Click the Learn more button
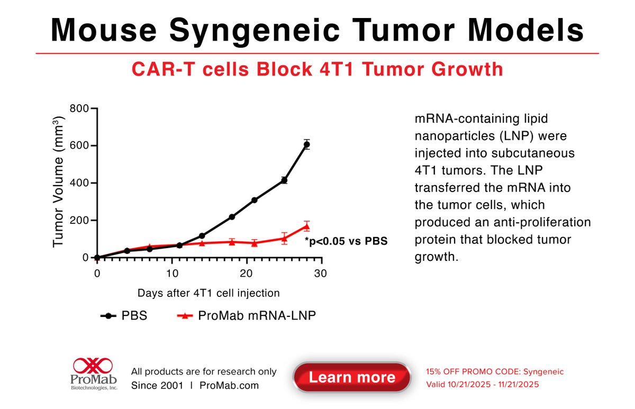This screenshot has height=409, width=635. coord(352,377)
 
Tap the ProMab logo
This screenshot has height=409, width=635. coord(95,373)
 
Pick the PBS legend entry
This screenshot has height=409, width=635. coord(124,316)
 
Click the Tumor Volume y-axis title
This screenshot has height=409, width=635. coord(59,182)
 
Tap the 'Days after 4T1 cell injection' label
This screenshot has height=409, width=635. coord(208,293)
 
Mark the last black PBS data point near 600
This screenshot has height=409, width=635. coord(306,144)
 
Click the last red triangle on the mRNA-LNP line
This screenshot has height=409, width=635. coord(306,226)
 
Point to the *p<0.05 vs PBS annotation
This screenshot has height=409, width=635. coord(346,241)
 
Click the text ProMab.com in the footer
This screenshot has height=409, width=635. coord(229,385)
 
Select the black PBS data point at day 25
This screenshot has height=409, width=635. coord(284,180)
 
